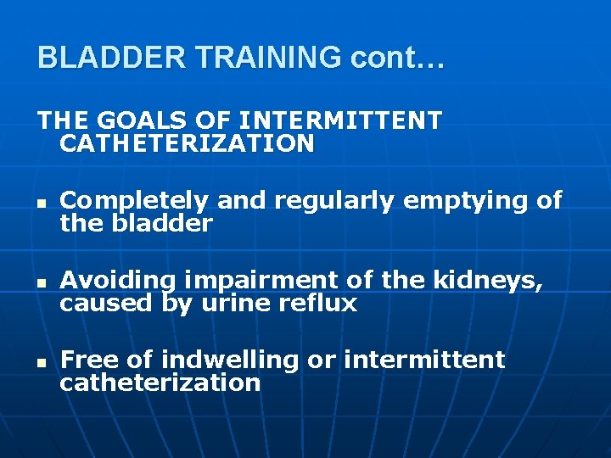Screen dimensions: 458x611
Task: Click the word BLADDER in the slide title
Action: (x=114, y=58)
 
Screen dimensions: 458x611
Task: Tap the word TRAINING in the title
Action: (x=269, y=58)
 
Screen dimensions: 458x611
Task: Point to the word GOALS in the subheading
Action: (x=134, y=121)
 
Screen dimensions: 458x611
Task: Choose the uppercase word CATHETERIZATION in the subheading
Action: (x=187, y=143)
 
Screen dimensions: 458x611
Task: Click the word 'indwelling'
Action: (x=229, y=360)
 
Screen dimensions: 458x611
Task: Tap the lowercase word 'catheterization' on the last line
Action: (x=160, y=383)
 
